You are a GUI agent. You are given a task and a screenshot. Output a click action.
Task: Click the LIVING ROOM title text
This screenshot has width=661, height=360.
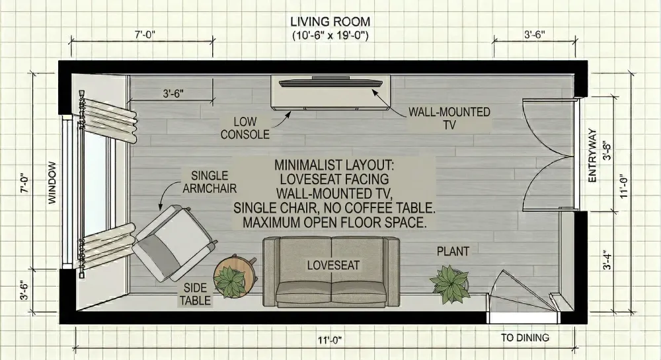click(x=330, y=22)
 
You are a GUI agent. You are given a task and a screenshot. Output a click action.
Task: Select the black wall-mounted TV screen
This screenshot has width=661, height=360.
click(x=330, y=83)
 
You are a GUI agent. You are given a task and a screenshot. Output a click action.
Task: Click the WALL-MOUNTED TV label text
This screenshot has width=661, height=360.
click(x=449, y=118)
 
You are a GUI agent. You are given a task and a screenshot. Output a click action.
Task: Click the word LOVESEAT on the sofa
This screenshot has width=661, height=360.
click(x=333, y=265)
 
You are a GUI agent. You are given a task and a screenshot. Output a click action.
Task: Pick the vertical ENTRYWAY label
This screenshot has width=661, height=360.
click(x=592, y=156)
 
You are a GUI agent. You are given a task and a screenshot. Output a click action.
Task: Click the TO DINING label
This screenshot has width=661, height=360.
click(x=525, y=338)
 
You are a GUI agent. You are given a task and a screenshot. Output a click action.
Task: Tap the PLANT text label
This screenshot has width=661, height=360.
click(x=453, y=252)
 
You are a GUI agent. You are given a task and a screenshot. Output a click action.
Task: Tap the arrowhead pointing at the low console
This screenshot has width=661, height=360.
click(x=288, y=114)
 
